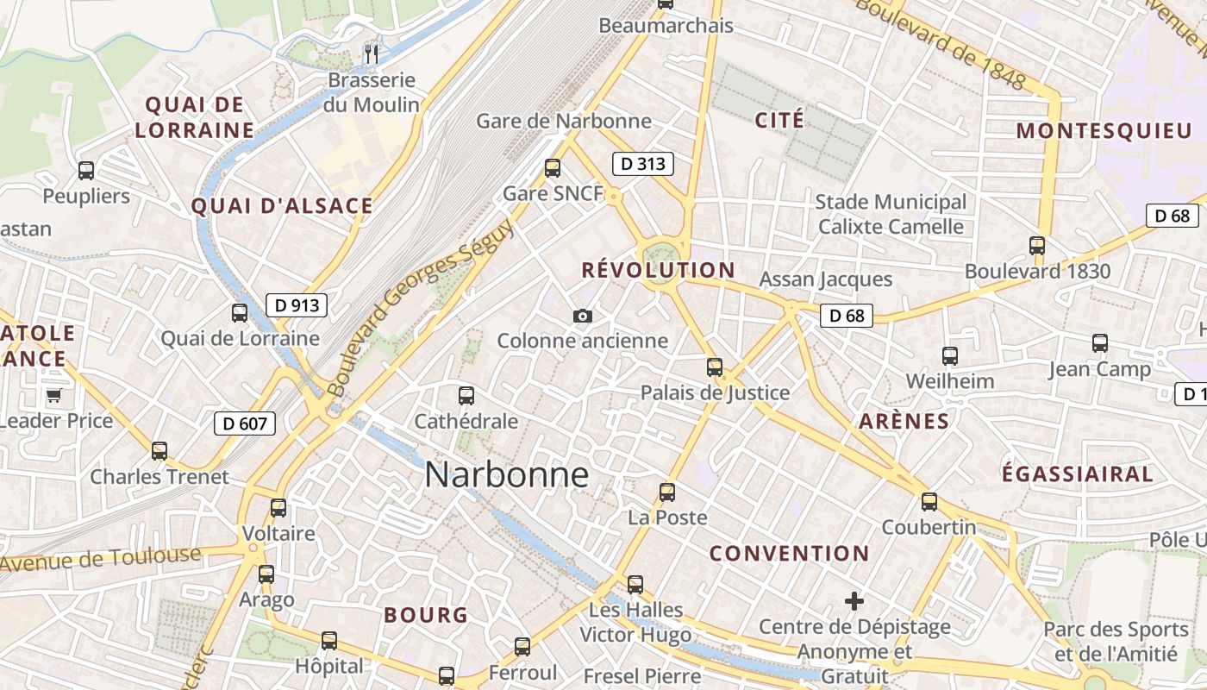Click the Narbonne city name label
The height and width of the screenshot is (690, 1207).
tap(507, 475)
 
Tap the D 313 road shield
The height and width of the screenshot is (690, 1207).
tap(642, 163)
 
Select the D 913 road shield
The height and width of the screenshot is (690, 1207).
tap(296, 304)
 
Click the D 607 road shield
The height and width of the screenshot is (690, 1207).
tap(245, 423)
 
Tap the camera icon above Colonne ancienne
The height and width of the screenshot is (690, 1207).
tap(583, 316)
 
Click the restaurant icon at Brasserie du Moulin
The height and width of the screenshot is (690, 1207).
tap(372, 54)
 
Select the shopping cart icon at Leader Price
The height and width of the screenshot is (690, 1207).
tap(54, 396)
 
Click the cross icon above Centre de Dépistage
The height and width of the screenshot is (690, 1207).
tap(854, 600)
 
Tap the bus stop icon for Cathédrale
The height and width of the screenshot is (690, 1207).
tap(466, 396)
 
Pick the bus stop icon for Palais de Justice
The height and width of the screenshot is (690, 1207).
tap(715, 367)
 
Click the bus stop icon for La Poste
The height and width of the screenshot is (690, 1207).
tap(667, 492)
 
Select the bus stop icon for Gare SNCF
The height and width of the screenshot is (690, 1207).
tap(553, 168)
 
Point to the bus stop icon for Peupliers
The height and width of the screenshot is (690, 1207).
tap(86, 170)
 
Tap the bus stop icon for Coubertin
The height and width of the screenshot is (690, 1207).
tap(929, 501)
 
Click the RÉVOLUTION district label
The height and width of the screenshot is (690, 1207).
tap(658, 270)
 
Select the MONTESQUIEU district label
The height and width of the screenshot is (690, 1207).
tap(1104, 131)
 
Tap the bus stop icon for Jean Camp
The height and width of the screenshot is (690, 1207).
tap(1099, 343)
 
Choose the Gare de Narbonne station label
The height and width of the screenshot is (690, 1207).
tap(564, 121)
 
